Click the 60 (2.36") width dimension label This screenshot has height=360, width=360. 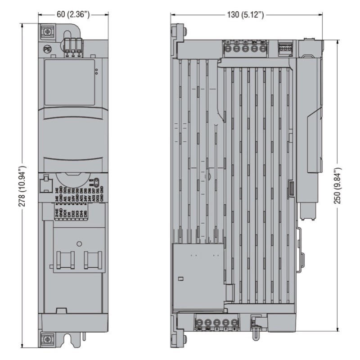(73, 14)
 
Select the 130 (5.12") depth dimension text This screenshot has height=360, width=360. (246, 14)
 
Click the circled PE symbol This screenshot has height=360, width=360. (46, 49)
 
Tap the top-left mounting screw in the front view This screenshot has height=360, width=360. (46, 32)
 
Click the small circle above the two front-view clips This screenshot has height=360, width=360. (79, 243)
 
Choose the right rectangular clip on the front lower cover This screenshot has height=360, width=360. (93, 261)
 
